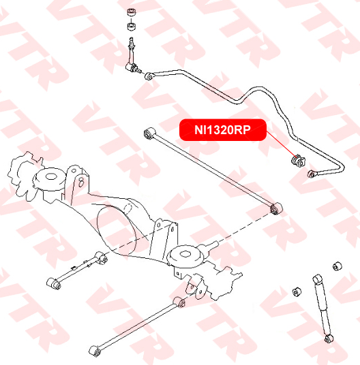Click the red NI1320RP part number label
pyautogui.click(x=222, y=130)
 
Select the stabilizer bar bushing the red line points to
pyautogui.click(x=298, y=161)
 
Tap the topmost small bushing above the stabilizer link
pyautogui.click(x=131, y=12)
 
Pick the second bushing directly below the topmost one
pyautogui.click(x=132, y=27)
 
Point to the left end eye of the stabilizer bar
pyautogui.click(x=149, y=76)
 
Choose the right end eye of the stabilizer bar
pyautogui.click(x=312, y=174)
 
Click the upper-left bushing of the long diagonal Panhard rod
pyautogui.click(x=149, y=133)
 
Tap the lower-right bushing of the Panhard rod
pyautogui.click(x=276, y=208)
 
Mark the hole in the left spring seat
pyautogui.click(x=50, y=176)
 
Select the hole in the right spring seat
pyautogui.click(x=185, y=254)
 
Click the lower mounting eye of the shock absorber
pyautogui.click(x=329, y=338)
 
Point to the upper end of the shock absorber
pyautogui.click(x=317, y=279)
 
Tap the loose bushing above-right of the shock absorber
pyautogui.click(x=337, y=266)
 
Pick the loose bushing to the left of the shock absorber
pyautogui.click(x=297, y=291)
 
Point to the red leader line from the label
pyautogui.click(x=282, y=145)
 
